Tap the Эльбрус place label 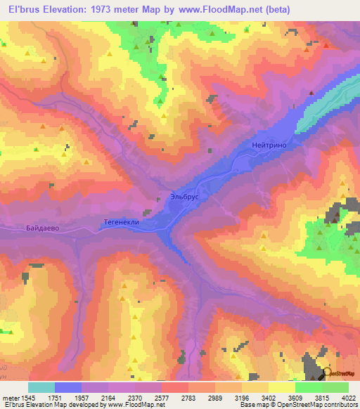[x=185, y=197]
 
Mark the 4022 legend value [x=349, y=397]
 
